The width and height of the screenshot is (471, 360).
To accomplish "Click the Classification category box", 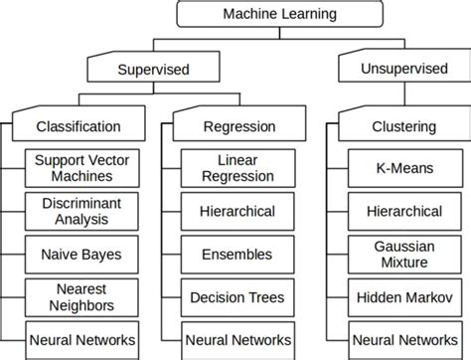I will [x=78, y=126].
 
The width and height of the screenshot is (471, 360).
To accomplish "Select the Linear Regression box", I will [x=237, y=168].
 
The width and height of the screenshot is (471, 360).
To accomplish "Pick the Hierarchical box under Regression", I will [x=237, y=211].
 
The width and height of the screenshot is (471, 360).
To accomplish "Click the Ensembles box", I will [x=237, y=254].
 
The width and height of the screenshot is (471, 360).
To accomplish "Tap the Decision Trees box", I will [x=237, y=296].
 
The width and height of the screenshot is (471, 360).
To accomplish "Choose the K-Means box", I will [x=404, y=168].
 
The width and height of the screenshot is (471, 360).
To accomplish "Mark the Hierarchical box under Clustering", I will [x=404, y=211].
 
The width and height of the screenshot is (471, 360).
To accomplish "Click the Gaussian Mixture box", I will [x=404, y=254].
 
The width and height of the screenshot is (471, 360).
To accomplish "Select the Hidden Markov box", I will [x=404, y=296].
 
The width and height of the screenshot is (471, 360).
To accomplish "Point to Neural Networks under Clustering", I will [x=404, y=338].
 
